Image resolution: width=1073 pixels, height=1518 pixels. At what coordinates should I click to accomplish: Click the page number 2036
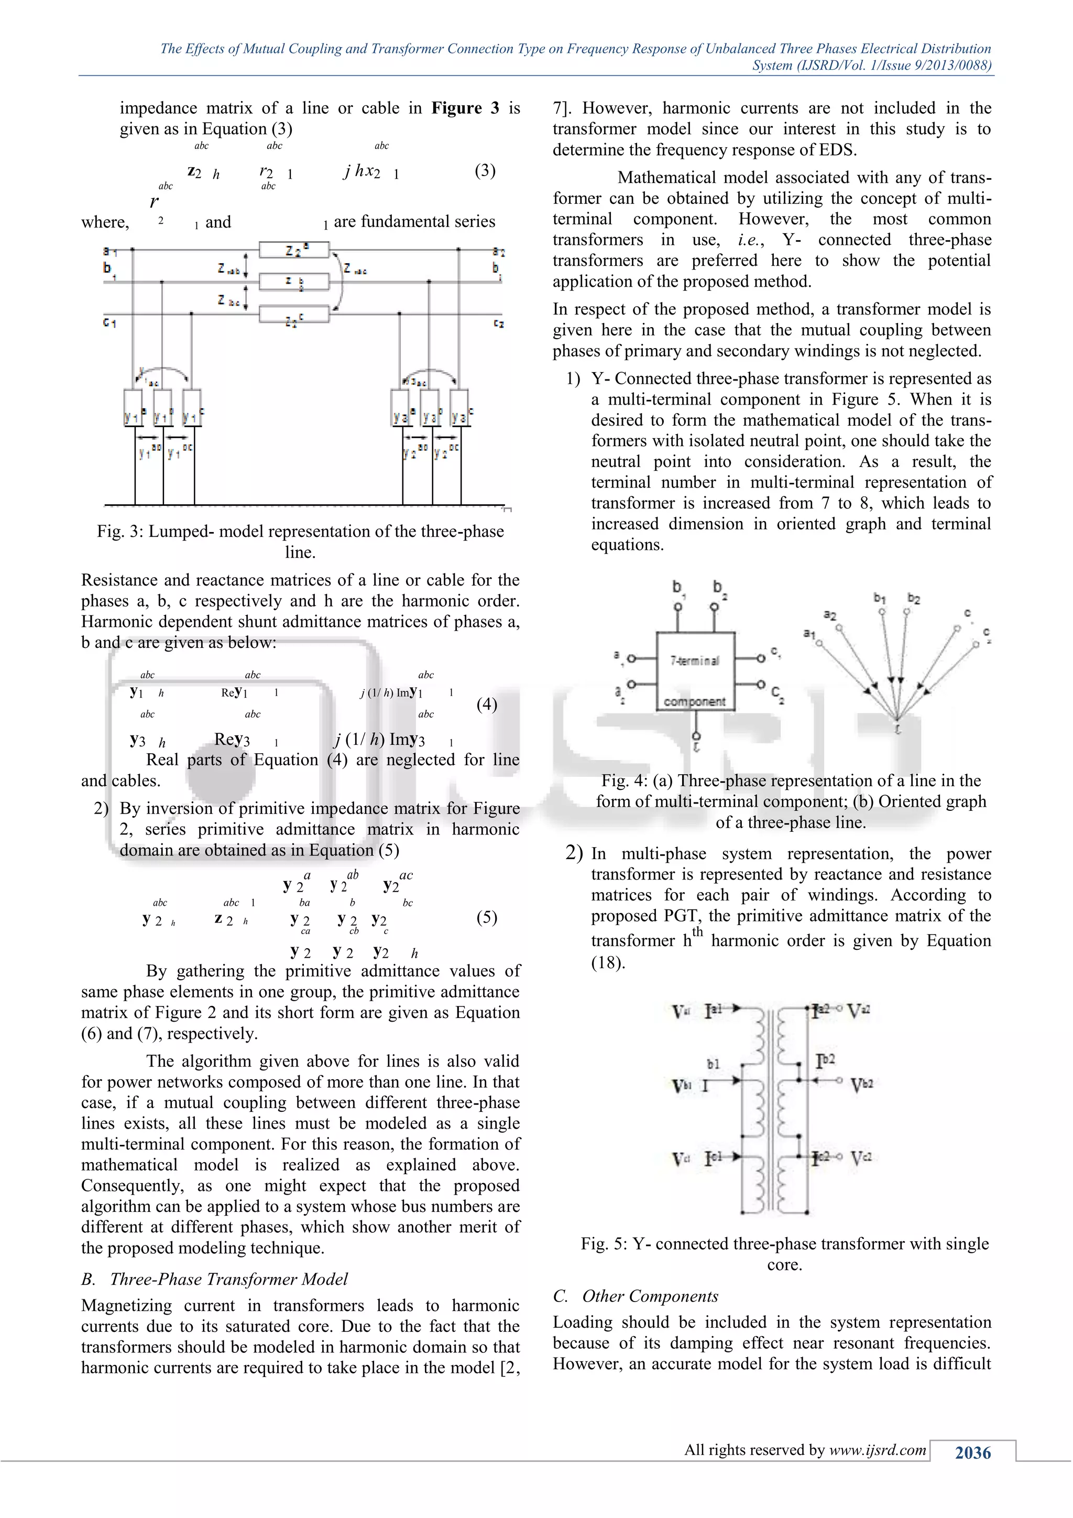click(x=972, y=1452)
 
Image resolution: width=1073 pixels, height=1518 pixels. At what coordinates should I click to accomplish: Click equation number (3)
click(x=485, y=170)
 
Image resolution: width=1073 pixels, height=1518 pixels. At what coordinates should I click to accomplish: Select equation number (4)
click(x=487, y=704)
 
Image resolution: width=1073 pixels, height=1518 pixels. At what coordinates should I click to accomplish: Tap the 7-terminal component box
click(x=695, y=670)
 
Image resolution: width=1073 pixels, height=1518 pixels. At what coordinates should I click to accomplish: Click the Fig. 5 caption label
click(x=604, y=1244)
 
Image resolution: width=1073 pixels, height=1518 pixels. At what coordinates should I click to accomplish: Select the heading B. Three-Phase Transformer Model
click(x=214, y=1280)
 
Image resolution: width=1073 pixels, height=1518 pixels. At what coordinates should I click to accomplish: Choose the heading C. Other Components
click(x=636, y=1296)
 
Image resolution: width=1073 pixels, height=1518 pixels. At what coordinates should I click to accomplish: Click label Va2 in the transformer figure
click(x=859, y=1011)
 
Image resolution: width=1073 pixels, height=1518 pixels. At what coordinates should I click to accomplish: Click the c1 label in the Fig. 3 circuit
click(x=109, y=323)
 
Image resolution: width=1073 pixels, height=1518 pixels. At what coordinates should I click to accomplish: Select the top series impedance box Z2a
click(x=294, y=250)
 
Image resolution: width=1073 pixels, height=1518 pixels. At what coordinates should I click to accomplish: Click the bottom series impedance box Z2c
click(x=294, y=314)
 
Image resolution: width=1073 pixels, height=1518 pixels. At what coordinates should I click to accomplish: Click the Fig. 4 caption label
click(x=625, y=781)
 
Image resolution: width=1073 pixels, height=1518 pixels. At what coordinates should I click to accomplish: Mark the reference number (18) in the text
click(x=608, y=962)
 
